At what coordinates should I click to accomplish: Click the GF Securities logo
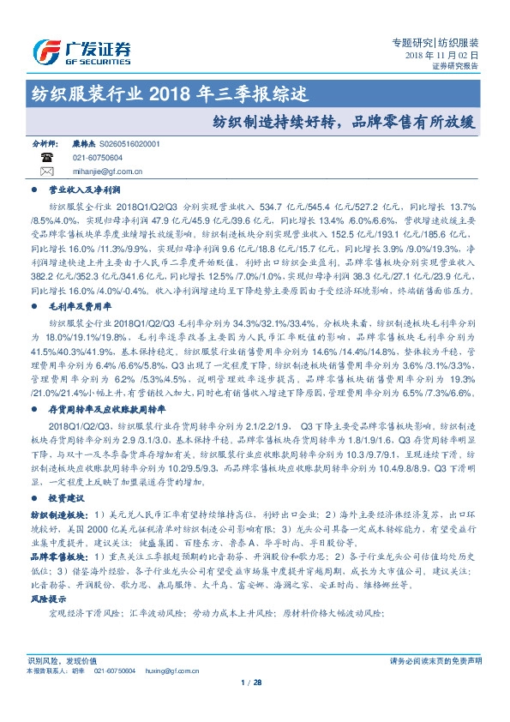(x=81, y=51)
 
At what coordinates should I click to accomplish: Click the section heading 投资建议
(x=66, y=499)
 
